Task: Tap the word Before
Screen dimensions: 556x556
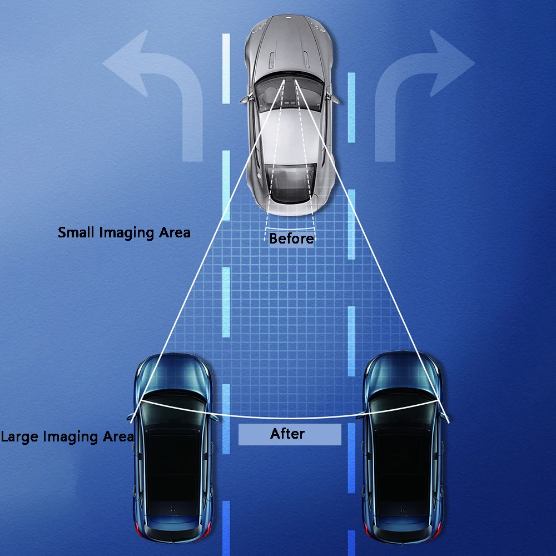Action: (x=291, y=239)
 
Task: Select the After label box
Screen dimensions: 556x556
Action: (x=289, y=434)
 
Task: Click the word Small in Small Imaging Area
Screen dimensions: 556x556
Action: (x=77, y=232)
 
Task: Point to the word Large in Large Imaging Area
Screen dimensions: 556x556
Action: (x=21, y=436)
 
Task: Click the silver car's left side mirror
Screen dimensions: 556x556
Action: (x=244, y=100)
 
